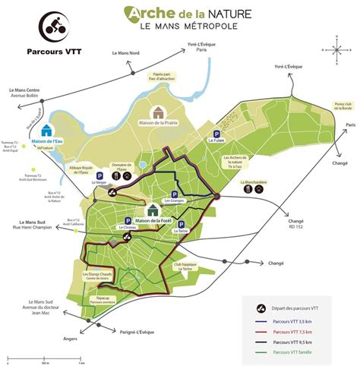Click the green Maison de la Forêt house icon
pyautogui.click(x=153, y=211)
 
